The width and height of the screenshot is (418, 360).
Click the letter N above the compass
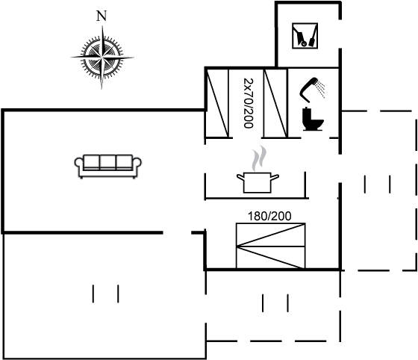pos(102,16)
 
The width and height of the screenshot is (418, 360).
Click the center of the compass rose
pos(102,57)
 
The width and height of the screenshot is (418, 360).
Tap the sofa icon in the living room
pos(107,166)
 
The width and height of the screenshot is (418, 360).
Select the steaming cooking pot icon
pos(258,169)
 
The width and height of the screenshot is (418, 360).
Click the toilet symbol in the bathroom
pos(313,119)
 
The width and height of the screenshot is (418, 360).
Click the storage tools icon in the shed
pos(305,36)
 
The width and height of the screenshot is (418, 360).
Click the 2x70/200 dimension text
pos(249,103)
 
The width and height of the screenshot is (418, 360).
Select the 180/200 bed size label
pos(269,216)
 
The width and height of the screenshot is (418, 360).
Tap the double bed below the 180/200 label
pos(270,246)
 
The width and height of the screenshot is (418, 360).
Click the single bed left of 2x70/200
pos(217,103)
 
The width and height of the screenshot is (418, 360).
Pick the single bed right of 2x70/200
pos(275,103)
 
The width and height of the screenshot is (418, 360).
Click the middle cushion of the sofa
pos(107,162)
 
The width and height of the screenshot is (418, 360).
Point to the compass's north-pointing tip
pos(103,26)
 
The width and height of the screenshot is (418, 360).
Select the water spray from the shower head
pos(321,89)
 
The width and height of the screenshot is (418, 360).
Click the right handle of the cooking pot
pos(275,176)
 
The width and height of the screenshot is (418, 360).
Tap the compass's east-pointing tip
pos(133,57)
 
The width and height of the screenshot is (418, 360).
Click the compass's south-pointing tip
pos(102,89)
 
